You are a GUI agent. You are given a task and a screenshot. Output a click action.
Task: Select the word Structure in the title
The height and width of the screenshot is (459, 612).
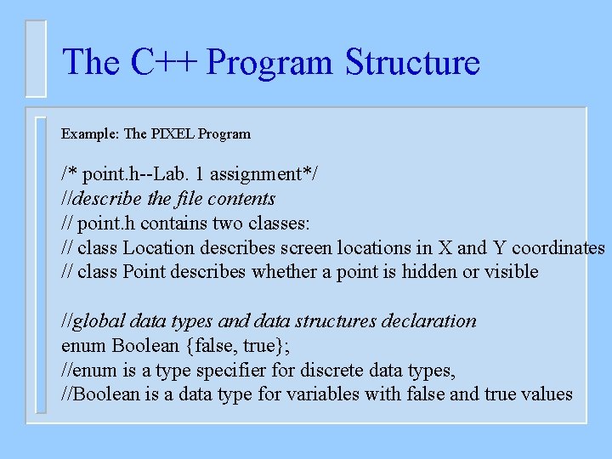click(412, 63)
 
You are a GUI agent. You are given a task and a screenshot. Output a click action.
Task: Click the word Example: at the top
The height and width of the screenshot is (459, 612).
click(90, 133)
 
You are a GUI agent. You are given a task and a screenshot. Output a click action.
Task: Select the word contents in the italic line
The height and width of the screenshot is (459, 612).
click(243, 199)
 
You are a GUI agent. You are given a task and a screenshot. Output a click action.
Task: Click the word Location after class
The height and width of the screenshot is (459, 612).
click(159, 248)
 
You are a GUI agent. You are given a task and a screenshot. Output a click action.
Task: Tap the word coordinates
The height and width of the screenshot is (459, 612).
click(558, 248)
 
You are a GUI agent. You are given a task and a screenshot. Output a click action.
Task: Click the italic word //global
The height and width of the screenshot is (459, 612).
click(93, 321)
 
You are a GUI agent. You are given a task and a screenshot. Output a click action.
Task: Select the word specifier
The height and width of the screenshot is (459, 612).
click(230, 371)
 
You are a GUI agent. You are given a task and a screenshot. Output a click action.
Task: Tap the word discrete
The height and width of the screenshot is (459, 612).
click(325, 371)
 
